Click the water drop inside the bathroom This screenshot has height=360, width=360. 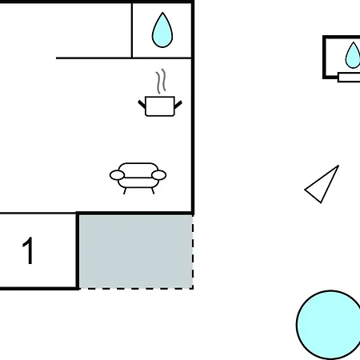click(162, 30)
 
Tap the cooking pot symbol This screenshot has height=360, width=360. click(160, 106)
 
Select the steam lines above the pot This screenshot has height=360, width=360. click(161, 82)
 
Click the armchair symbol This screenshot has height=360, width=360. click(138, 178)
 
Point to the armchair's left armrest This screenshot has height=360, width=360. click(117, 175)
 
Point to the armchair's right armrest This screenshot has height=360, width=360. click(159, 175)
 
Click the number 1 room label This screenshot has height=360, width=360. click(28, 250)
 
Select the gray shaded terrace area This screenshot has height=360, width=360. click(136, 252)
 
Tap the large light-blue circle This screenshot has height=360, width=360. click(328, 325)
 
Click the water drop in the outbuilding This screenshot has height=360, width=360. click(353, 55)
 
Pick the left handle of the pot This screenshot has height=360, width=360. click(142, 104)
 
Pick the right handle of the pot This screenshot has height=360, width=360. click(178, 104)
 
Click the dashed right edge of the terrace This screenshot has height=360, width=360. click(193, 252)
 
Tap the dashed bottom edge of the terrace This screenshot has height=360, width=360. click(136, 288)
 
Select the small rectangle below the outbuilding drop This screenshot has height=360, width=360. click(349, 77)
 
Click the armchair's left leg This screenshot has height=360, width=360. click(125, 190)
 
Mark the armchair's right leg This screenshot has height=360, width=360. click(153, 190)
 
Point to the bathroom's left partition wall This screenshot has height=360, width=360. click(132, 30)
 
